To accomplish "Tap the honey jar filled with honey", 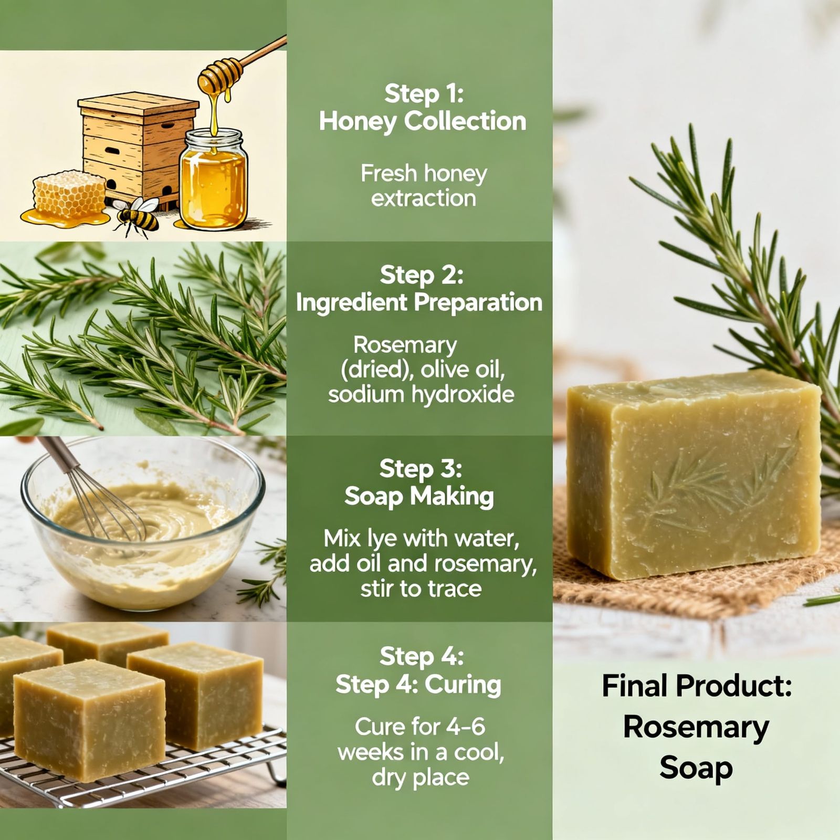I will click(214, 181).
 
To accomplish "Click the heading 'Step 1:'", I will click(423, 94).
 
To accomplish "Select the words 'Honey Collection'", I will click(422, 121).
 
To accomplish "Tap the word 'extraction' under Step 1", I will click(423, 198).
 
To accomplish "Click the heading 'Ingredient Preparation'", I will click(418, 302).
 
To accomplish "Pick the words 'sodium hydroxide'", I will click(421, 394).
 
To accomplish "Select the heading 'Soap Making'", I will click(419, 496).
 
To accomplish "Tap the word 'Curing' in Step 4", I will click(463, 685).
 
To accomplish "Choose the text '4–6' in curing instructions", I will click(465, 727).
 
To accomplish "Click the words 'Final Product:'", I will click(696, 686).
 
